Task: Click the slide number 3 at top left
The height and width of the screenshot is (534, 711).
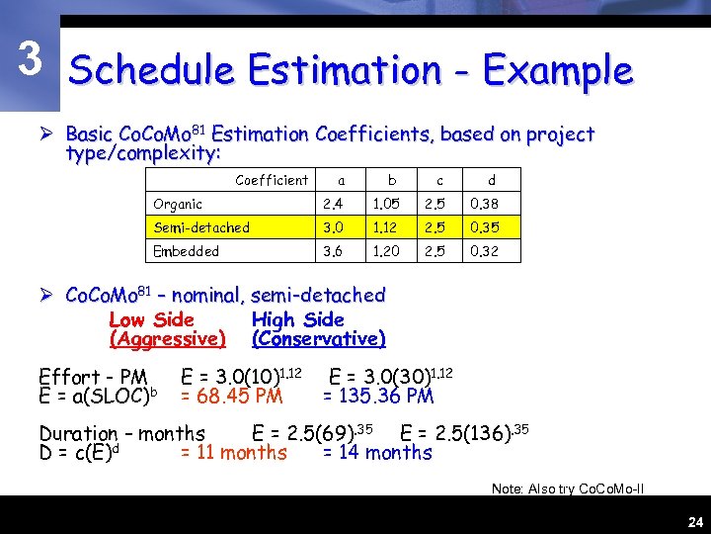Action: point(31,60)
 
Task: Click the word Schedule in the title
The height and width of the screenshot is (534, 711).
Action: point(151,71)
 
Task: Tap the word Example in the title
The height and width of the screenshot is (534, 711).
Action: point(558,71)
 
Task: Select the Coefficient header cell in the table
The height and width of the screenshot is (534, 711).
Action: point(271,180)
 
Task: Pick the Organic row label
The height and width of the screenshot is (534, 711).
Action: point(178,204)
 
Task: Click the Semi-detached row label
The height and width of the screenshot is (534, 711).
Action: point(201,227)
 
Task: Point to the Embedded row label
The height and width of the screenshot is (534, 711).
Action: point(186,251)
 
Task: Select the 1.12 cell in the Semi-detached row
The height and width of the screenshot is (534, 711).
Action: point(385,227)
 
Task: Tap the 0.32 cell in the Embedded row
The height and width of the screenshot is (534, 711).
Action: point(484,251)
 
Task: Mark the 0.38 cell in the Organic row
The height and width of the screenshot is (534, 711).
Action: point(484,204)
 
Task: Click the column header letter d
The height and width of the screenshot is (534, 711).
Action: point(491,180)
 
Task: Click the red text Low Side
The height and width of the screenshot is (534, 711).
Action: point(151,319)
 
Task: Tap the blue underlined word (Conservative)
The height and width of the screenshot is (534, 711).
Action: point(318,339)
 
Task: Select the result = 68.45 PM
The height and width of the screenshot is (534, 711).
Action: point(231,397)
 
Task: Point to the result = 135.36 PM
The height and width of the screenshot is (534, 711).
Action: point(379,397)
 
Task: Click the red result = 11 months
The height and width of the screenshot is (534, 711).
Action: point(233,453)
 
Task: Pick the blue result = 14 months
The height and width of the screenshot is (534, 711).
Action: point(377,453)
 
